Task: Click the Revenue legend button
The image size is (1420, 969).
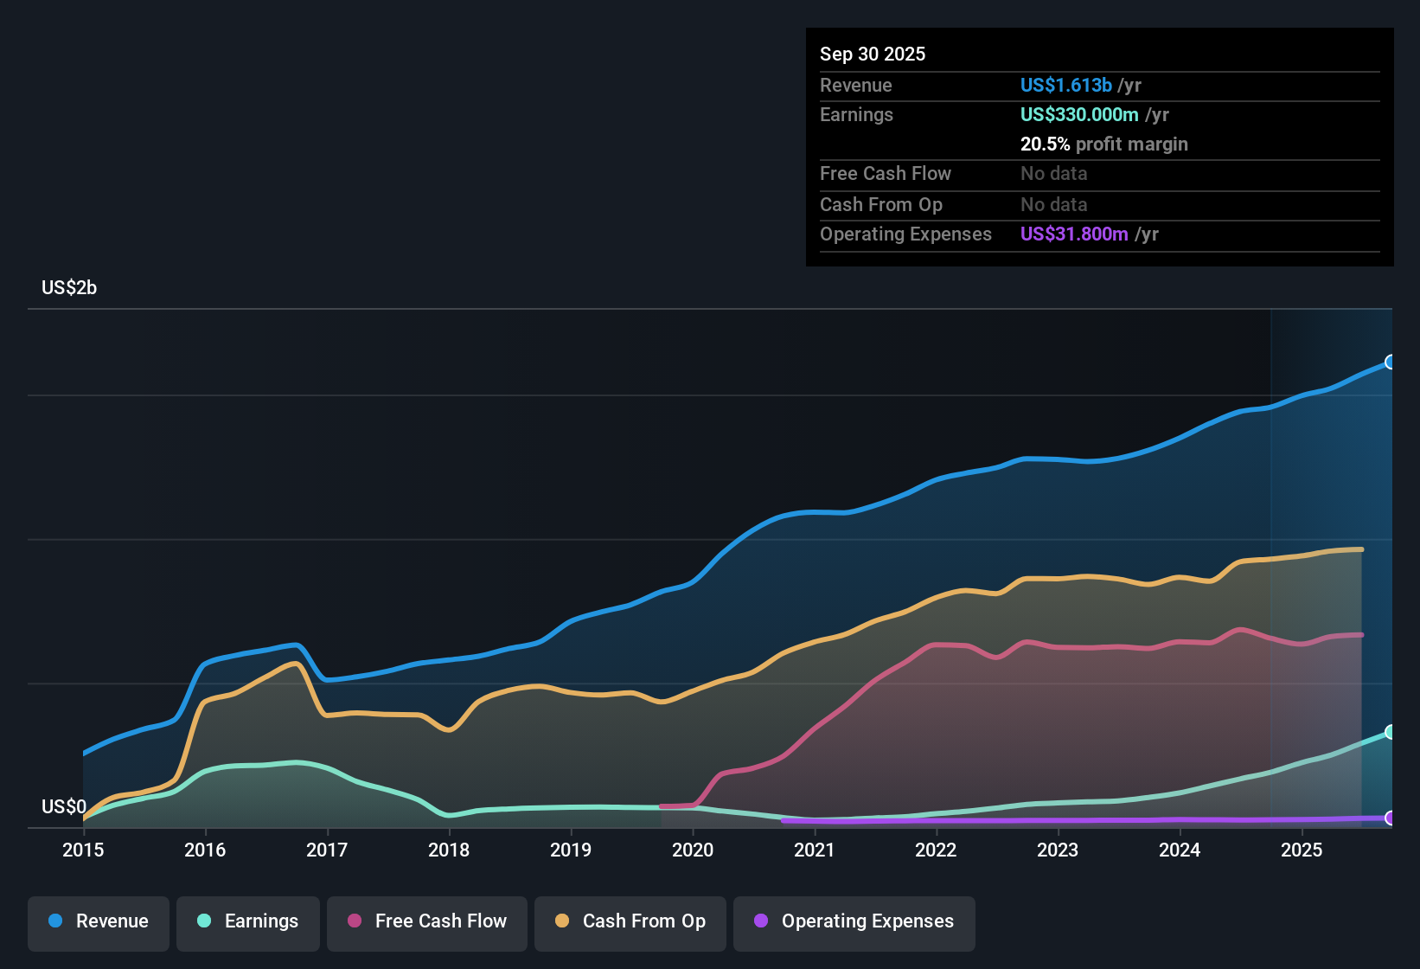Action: tap(99, 922)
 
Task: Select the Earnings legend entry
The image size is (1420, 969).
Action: tap(248, 922)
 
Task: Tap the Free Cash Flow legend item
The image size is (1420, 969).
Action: tap(427, 922)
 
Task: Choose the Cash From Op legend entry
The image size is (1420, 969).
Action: tap(630, 922)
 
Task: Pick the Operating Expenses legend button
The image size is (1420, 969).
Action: tap(854, 922)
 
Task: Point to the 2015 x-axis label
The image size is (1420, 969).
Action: tap(83, 850)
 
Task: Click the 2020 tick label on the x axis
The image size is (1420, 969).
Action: tap(693, 850)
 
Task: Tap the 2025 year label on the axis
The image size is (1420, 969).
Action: tap(1302, 850)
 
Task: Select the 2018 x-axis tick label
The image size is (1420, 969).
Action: tap(449, 850)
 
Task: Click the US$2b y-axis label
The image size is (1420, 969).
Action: tap(69, 288)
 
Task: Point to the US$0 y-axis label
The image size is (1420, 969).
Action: tap(64, 807)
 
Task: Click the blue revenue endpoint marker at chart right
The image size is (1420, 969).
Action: tap(1391, 362)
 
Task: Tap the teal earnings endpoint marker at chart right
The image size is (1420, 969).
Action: tap(1391, 732)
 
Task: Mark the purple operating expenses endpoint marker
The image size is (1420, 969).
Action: tap(1391, 818)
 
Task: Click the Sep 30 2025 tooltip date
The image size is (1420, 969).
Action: tap(873, 55)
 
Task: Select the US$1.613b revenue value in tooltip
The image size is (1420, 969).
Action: tap(1065, 86)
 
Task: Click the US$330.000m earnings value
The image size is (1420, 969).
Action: tap(1079, 115)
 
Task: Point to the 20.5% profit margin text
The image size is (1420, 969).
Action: tap(1103, 144)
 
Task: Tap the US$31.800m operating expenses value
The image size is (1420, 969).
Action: tap(1074, 234)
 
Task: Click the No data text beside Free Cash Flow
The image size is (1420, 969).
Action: tap(1053, 174)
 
